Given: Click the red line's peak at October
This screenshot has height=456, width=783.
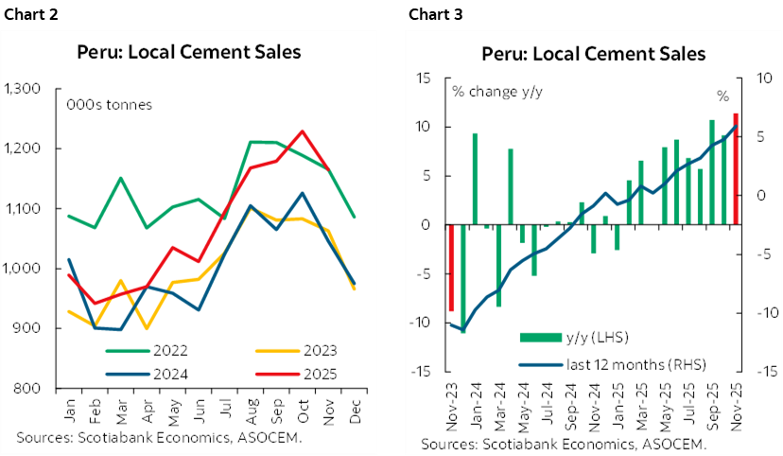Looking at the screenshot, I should pos(302,132).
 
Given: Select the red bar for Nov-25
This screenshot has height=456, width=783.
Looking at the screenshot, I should pos(736,169).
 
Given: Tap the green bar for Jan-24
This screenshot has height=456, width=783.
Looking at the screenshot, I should pos(475,179).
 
